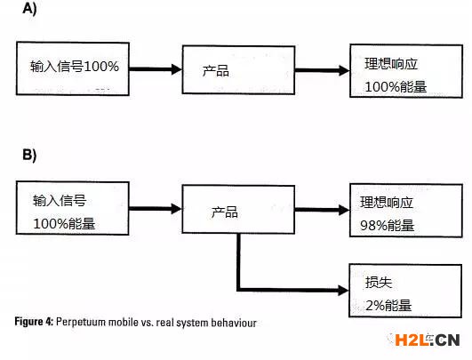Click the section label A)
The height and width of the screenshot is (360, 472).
pos(29,8)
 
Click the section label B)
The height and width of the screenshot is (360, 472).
pos(29,155)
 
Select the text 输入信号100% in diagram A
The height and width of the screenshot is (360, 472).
pos(75,66)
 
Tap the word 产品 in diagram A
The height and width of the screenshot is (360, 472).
pos(215,71)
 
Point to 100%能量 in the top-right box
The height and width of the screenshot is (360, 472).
pos(396,87)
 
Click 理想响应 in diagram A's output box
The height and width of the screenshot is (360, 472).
pos(391,64)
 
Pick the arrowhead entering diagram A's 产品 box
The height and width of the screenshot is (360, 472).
pos(177,69)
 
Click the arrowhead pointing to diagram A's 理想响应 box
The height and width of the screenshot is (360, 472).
pos(344,70)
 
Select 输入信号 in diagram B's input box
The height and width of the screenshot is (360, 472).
pos(60,201)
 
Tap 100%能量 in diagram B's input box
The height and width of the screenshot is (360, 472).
pos(64,224)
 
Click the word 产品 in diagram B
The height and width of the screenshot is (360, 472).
pos(224,212)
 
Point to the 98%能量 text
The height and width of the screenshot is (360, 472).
pos(388,226)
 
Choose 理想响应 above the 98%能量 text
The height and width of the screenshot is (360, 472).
pos(387,203)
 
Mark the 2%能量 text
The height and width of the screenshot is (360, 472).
pos(388,306)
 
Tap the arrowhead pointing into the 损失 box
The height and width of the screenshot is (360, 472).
pos(343,290)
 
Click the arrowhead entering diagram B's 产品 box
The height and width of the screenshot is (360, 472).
pos(177,209)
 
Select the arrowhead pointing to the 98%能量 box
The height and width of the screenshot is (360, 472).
pos(344,210)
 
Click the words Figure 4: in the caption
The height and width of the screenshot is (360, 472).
pos(34,322)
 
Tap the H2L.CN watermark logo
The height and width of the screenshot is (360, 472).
pos(427,340)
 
